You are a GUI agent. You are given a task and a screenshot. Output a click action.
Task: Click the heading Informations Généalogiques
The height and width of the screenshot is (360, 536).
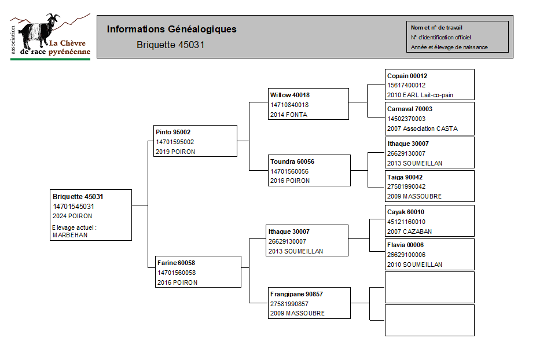171,30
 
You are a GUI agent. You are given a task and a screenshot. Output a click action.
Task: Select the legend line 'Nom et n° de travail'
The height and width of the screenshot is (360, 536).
436,28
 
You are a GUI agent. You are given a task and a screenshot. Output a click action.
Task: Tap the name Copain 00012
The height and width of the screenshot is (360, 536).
407,76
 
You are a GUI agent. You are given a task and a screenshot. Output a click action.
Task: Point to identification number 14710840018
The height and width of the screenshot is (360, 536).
289,105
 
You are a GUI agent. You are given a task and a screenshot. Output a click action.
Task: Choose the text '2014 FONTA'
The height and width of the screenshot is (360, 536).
289,115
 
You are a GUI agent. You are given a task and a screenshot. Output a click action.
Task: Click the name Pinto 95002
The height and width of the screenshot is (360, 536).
173,132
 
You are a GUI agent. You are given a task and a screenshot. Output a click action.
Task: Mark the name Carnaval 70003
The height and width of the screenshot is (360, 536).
410,109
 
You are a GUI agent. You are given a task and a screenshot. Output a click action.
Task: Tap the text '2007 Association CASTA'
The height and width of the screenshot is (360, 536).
423,128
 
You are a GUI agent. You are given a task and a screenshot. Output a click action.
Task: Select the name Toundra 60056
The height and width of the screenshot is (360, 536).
292,161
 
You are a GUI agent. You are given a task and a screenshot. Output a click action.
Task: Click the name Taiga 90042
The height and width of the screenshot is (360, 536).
405,177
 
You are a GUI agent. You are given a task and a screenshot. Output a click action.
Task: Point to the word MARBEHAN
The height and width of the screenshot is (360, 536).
70,235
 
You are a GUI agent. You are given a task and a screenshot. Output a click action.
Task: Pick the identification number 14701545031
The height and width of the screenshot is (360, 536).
73,207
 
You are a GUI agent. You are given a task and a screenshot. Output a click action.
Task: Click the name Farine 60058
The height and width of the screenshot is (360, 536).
176,263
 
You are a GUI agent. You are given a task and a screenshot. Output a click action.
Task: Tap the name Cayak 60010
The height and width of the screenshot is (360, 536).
406,212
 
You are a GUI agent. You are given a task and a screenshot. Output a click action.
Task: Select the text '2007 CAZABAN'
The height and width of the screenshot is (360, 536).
409,232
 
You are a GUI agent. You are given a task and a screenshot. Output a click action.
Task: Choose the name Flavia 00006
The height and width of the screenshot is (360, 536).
405,245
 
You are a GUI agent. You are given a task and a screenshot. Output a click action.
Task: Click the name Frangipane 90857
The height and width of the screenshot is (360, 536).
296,294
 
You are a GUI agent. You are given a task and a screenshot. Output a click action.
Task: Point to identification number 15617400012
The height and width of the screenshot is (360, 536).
406,85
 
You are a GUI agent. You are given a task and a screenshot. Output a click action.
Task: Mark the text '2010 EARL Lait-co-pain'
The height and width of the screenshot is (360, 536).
420,95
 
